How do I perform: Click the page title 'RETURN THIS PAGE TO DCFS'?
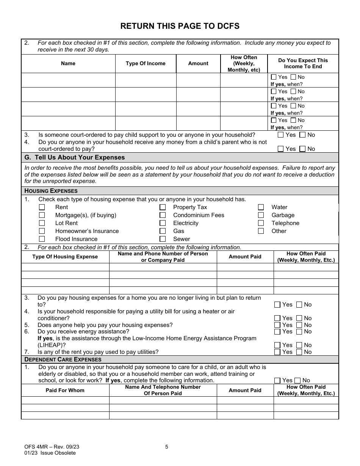click(180, 26)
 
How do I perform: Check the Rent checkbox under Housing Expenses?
click(42, 207)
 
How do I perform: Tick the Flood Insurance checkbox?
click(42, 239)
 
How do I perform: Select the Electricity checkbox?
click(163, 223)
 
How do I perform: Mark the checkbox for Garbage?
click(261, 215)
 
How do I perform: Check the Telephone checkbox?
click(261, 223)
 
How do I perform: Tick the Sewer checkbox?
click(163, 239)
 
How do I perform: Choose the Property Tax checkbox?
click(163, 207)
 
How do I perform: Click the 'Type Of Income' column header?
click(146, 64)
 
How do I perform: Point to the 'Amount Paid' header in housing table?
click(245, 257)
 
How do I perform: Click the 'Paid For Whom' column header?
click(65, 390)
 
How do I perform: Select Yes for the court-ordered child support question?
click(281, 135)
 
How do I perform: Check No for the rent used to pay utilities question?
click(299, 352)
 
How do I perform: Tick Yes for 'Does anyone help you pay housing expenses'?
click(277, 325)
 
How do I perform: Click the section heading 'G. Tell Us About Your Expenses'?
click(74, 158)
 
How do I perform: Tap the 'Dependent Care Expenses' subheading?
click(63, 360)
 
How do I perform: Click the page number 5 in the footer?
click(167, 447)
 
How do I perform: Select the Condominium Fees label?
click(199, 215)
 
